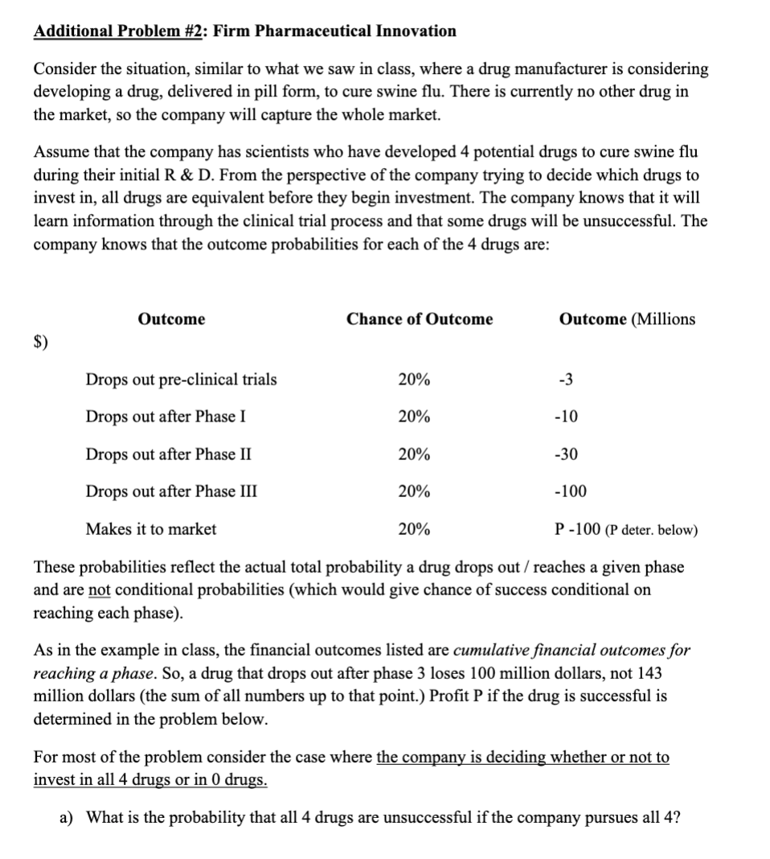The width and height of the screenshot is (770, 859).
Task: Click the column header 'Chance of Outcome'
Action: click(x=420, y=319)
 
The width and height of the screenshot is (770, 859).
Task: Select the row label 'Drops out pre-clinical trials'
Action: click(x=181, y=380)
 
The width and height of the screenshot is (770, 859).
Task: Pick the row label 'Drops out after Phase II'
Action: click(x=168, y=454)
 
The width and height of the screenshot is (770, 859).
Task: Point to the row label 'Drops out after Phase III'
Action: click(x=171, y=491)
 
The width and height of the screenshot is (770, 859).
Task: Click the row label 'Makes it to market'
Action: click(x=151, y=529)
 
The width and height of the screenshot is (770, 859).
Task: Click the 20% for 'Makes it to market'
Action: click(x=414, y=529)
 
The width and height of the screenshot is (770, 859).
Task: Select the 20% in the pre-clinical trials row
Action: click(x=414, y=380)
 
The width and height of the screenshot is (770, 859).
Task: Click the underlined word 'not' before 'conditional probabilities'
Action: click(x=99, y=590)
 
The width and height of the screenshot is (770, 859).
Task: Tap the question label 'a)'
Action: click(x=68, y=818)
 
